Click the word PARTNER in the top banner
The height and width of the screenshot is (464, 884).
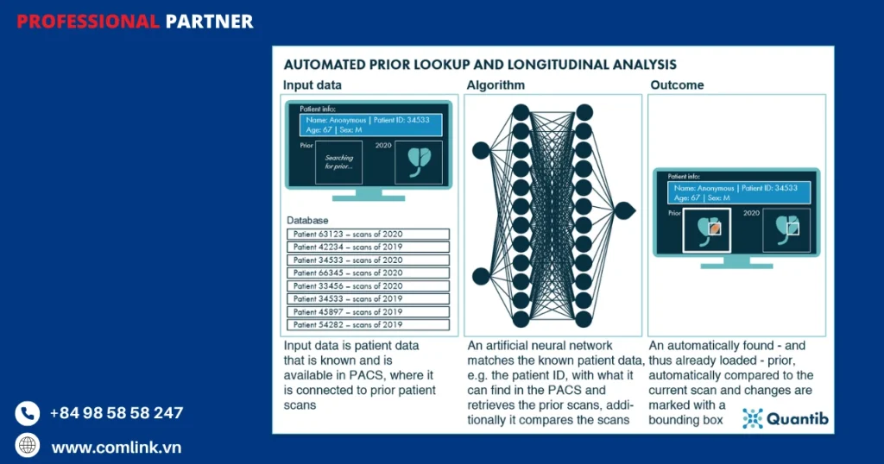click(210, 21)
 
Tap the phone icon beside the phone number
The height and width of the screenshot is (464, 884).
click(28, 413)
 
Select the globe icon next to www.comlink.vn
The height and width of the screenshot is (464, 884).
click(28, 446)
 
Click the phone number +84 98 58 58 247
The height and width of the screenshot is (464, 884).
click(117, 413)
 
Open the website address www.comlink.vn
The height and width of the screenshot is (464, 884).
click(117, 448)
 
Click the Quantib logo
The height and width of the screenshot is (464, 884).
click(786, 419)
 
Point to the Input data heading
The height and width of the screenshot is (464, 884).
click(312, 85)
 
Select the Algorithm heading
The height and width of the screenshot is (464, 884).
click(496, 85)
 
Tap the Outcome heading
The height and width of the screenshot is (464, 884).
click(677, 85)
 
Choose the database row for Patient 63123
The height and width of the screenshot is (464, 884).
click(368, 235)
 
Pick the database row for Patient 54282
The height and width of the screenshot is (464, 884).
click(368, 325)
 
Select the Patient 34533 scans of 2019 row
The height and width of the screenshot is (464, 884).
click(368, 299)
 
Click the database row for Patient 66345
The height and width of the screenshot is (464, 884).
click(368, 273)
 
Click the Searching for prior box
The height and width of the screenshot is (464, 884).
click(339, 163)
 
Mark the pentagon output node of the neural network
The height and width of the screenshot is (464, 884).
click(625, 210)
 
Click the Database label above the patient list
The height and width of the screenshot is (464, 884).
click(307, 221)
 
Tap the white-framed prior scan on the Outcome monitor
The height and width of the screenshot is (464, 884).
click(707, 230)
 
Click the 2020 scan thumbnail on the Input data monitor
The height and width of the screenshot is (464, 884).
click(418, 163)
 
